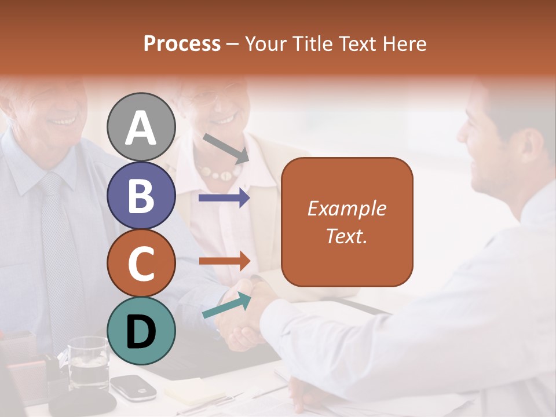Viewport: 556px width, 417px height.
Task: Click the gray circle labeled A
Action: coord(141,127)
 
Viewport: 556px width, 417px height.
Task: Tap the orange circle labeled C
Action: coord(141,263)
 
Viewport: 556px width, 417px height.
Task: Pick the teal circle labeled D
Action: coord(141,331)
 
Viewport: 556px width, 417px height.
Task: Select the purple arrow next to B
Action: coord(224,198)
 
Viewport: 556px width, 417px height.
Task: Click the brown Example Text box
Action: coord(347,222)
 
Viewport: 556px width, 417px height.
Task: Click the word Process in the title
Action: coord(182,43)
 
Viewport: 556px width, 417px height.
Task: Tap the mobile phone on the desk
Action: coord(133,386)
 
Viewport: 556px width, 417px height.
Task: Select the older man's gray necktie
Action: coord(58,243)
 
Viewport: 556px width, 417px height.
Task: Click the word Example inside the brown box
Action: coord(347,209)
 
